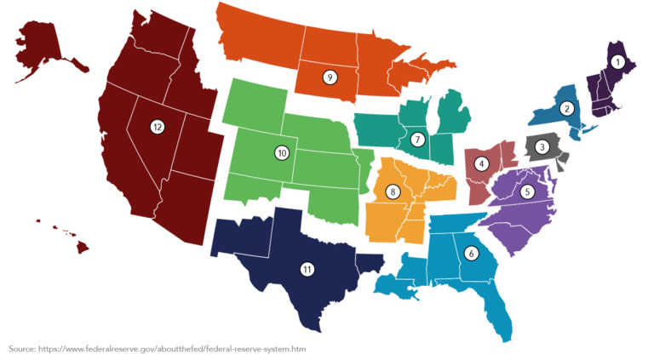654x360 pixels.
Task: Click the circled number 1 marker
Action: click(x=617, y=62)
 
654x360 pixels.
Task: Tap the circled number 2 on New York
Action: click(x=565, y=108)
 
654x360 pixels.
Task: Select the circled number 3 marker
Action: click(x=542, y=146)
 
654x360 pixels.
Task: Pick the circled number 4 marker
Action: click(x=482, y=163)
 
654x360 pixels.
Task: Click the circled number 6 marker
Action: click(x=471, y=252)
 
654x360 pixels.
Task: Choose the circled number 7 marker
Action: click(x=417, y=139)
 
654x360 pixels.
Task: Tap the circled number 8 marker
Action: click(x=393, y=191)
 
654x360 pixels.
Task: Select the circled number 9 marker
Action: click(x=329, y=77)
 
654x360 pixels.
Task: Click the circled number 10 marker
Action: click(x=282, y=153)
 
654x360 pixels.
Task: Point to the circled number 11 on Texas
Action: click(x=307, y=269)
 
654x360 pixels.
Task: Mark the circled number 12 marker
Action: click(x=157, y=127)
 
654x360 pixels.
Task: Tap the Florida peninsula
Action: click(x=500, y=311)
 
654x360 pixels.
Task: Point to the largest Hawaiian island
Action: click(x=83, y=246)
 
